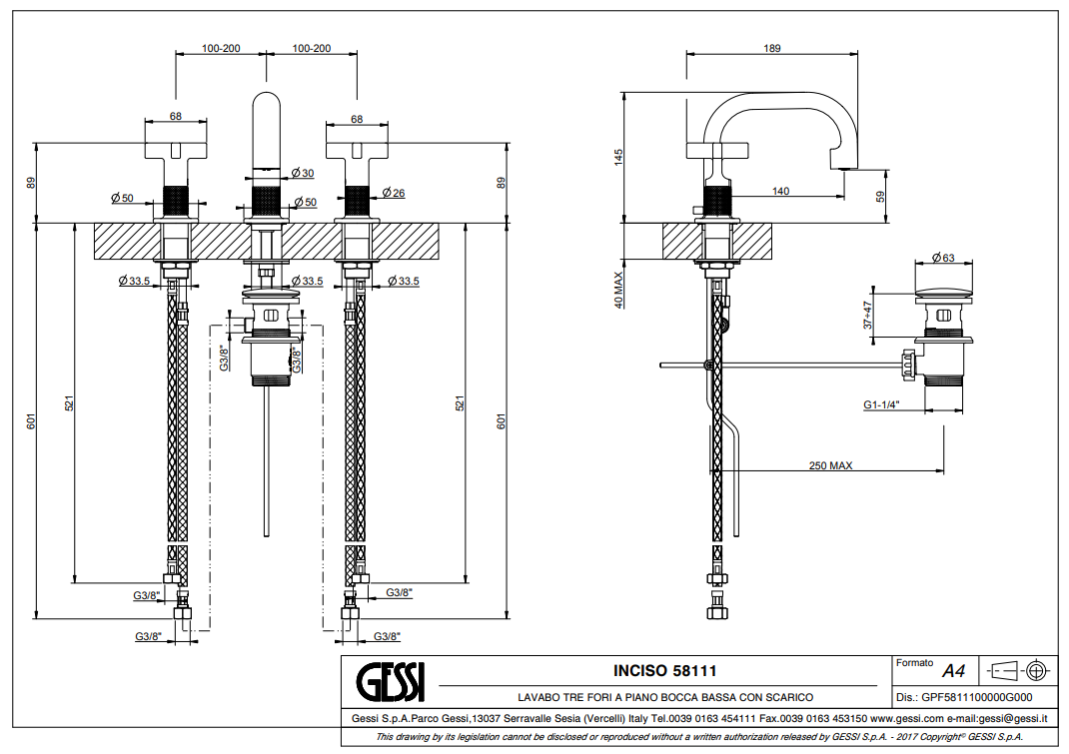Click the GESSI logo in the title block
coord(391,682)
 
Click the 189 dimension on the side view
coord(771,48)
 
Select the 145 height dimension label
coord(618,157)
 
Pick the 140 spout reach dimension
coord(780,191)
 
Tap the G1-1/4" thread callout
coord(883,404)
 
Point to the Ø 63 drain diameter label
coord(943,258)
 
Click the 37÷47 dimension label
coord(869,315)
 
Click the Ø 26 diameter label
coord(393,193)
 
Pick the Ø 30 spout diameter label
coord(303,174)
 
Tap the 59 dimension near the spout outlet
coord(880,197)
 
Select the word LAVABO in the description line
coord(536,697)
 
